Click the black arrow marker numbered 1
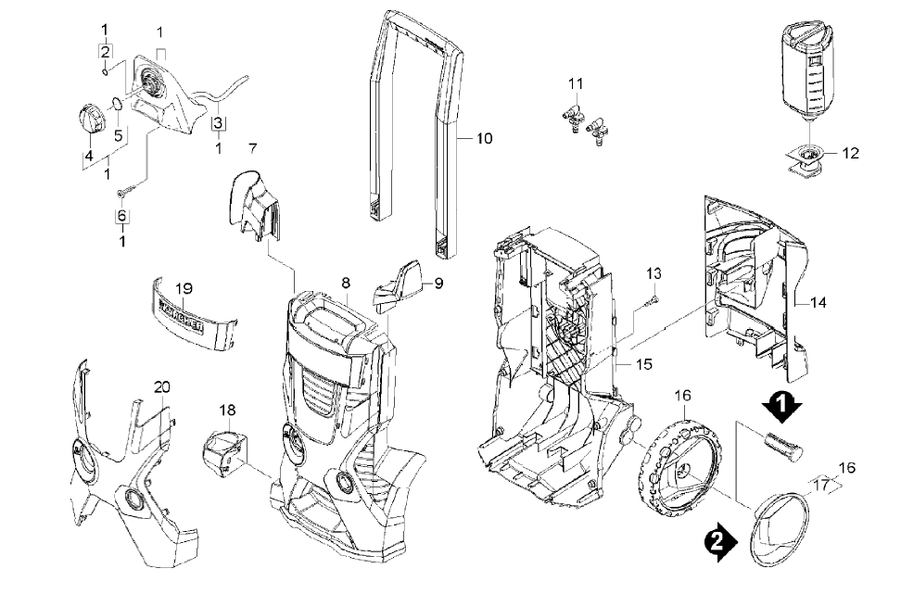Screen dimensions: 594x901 (x=781, y=404)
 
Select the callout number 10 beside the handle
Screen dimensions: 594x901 (x=484, y=139)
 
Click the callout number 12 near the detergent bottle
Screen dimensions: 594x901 (x=851, y=154)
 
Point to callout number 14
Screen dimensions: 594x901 (x=819, y=302)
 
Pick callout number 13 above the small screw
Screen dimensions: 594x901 (x=654, y=273)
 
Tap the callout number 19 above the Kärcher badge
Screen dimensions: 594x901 (x=182, y=287)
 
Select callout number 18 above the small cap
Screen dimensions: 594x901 (x=227, y=410)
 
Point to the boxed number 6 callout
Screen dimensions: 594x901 (x=121, y=216)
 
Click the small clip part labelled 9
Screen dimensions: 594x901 (x=397, y=284)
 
